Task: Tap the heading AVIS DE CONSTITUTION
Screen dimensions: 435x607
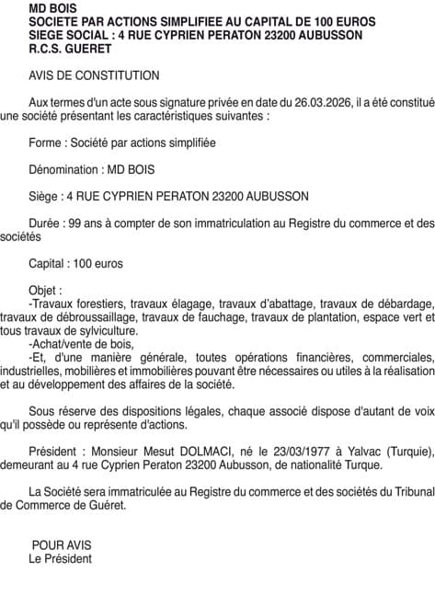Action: pyautogui.click(x=94, y=76)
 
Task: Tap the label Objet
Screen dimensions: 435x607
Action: pyautogui.click(x=46, y=290)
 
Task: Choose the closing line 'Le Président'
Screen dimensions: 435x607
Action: pyautogui.click(x=61, y=558)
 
